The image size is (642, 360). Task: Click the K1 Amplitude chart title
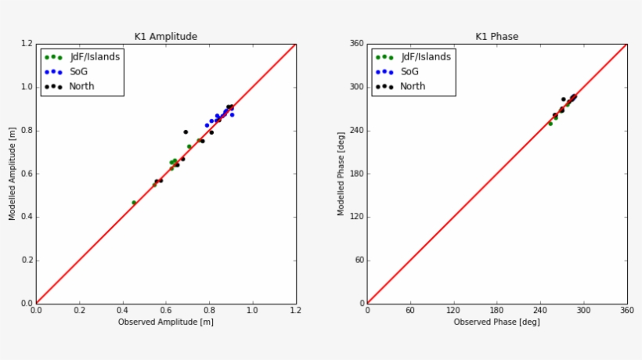pyautogui.click(x=166, y=37)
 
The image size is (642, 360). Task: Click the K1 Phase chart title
pyautogui.click(x=496, y=37)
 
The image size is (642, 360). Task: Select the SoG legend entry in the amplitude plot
pyautogui.click(x=79, y=71)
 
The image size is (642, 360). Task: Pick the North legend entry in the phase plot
pyautogui.click(x=412, y=86)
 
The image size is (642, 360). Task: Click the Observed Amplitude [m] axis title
pyautogui.click(x=166, y=322)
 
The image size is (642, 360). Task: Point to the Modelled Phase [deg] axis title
pyautogui.click(x=341, y=174)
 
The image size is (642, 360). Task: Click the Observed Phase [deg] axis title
pyautogui.click(x=496, y=322)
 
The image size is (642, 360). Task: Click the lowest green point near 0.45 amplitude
pyautogui.click(x=134, y=203)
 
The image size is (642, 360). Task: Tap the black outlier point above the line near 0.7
pyautogui.click(x=186, y=132)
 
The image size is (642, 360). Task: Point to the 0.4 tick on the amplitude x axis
pyautogui.click(x=123, y=311)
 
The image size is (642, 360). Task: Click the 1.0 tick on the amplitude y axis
pyautogui.click(x=27, y=87)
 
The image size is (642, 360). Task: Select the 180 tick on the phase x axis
pyautogui.click(x=497, y=311)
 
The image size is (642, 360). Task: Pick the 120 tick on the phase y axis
pyautogui.click(x=356, y=217)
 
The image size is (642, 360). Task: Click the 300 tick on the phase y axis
pyautogui.click(x=356, y=87)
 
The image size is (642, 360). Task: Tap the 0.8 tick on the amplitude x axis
pyautogui.click(x=209, y=311)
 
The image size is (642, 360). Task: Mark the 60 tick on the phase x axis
pyautogui.click(x=410, y=311)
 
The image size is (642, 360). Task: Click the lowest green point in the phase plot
pyautogui.click(x=550, y=124)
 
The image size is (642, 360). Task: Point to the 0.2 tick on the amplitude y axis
pyautogui.click(x=27, y=261)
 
